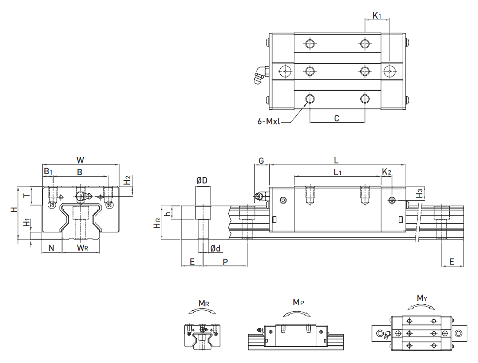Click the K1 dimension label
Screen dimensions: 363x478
(377, 16)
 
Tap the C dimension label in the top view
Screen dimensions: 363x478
(337, 118)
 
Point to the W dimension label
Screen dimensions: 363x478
(80, 159)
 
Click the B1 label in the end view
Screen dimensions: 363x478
(47, 171)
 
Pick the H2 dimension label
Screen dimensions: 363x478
(127, 181)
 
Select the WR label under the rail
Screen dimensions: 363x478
(83, 248)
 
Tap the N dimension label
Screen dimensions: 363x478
(51, 248)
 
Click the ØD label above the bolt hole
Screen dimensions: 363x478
(202, 180)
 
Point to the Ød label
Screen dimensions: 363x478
(215, 249)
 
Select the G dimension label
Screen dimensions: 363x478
(261, 161)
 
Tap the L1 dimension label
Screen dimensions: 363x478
(338, 172)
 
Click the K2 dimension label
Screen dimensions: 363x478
(386, 172)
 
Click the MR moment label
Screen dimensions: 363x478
(204, 303)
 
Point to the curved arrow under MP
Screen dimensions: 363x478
(297, 313)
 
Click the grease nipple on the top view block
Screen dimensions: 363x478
(259, 74)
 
